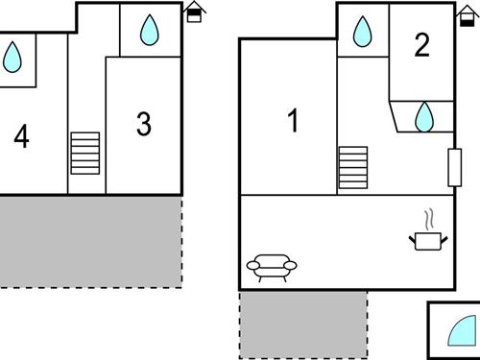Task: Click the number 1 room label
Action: (294, 122)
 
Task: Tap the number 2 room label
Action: (421, 45)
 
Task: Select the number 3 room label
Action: (144, 125)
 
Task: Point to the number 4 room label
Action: (21, 138)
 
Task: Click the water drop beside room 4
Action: (12, 59)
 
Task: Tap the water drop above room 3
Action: (149, 32)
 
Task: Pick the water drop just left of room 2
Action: (362, 34)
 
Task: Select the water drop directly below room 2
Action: (423, 117)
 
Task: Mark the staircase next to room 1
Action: (352, 169)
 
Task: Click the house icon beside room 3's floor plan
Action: (195, 12)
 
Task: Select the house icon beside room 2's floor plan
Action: (468, 12)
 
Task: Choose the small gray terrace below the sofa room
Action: (302, 324)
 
